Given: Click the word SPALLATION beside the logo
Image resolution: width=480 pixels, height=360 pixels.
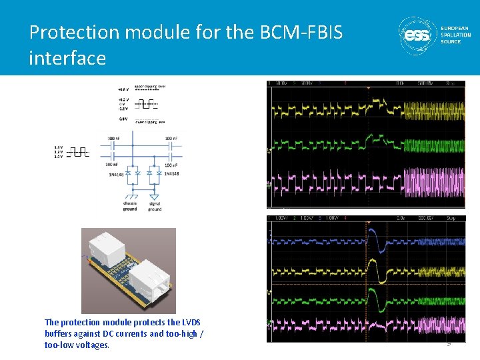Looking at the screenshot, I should click(455, 35).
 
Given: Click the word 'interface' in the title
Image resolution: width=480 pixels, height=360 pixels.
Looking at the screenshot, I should click(67, 58).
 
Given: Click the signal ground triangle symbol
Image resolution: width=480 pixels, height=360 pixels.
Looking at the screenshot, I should click(155, 196).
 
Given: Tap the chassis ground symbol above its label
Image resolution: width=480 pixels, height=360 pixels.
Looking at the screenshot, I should click(131, 196).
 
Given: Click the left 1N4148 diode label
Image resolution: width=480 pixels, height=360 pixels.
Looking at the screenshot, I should click(117, 174).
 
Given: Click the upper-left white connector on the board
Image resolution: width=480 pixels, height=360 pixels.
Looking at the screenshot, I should click(110, 248).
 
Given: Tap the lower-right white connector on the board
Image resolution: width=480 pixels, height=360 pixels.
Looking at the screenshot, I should click(151, 277).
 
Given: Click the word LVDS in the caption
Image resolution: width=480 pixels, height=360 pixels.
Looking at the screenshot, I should click(190, 322).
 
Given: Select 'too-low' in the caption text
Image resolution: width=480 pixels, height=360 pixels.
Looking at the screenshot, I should click(59, 345).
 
